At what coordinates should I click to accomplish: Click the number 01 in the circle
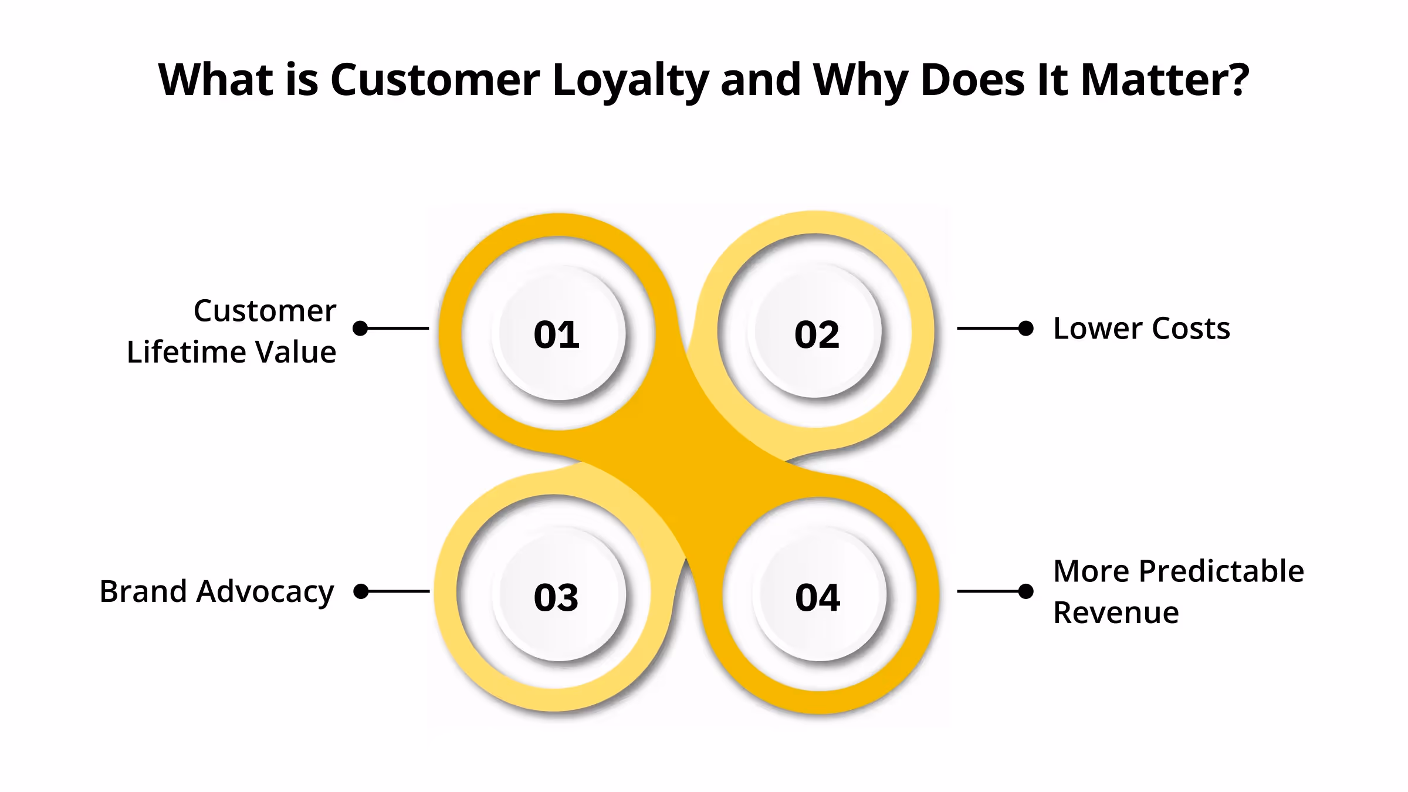557,335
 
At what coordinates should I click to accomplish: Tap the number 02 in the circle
817,335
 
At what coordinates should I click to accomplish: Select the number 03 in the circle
556,598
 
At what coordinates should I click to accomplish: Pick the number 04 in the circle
818,598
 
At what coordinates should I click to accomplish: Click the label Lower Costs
1142,329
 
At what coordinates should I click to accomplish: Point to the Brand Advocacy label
216,591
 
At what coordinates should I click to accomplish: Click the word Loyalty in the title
631,80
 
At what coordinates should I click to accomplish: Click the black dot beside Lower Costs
1026,329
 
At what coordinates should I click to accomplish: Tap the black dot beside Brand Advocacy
361,591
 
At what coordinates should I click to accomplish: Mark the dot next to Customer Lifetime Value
360,329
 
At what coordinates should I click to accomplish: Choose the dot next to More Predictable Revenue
1026,591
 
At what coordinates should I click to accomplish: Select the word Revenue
1116,613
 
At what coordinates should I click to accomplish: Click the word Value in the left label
296,353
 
